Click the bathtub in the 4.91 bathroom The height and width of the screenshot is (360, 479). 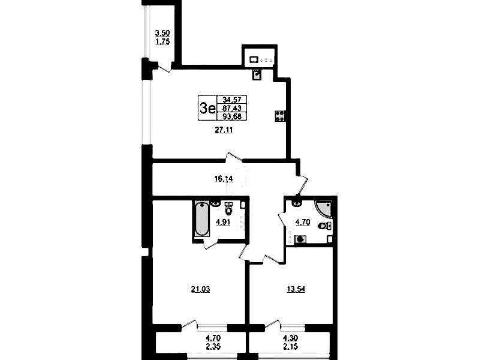tap(201, 219)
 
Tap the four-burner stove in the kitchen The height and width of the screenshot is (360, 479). tap(280, 116)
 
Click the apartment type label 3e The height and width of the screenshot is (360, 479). tap(207, 108)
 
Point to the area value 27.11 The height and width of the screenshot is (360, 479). tap(224, 130)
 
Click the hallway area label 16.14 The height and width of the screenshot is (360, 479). tap(223, 179)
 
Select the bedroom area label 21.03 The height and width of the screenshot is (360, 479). tap(200, 289)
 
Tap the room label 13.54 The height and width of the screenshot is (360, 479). tap(296, 289)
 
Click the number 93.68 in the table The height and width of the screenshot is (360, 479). tap(232, 116)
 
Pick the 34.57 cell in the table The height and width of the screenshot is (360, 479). tap(232, 100)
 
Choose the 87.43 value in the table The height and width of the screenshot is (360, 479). tap(232, 108)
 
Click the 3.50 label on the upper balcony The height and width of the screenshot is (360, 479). tap(162, 33)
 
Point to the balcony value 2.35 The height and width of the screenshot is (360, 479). tap(213, 347)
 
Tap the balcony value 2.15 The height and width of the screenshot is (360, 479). tap(291, 347)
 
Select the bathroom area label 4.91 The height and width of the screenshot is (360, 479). tap(223, 223)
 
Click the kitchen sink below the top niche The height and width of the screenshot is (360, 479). tap(257, 74)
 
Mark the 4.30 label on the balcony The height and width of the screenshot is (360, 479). tap(291, 338)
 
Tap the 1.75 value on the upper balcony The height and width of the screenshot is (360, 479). tap(162, 41)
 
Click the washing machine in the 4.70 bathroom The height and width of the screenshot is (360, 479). tap(300, 239)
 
